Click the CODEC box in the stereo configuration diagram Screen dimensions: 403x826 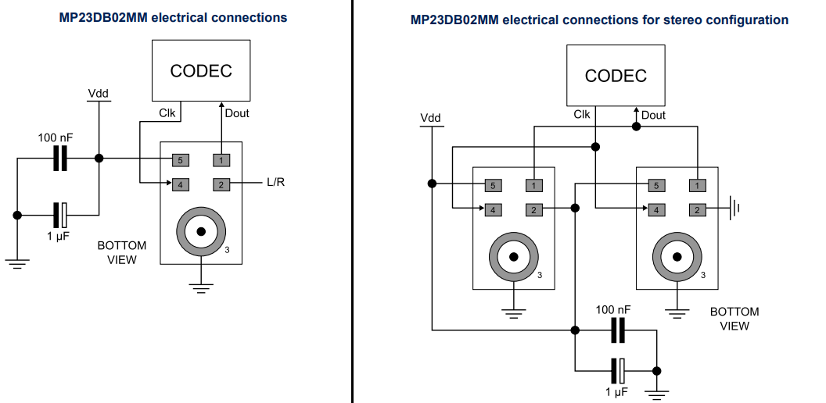click(616, 76)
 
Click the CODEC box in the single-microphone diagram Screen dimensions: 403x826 click(201, 71)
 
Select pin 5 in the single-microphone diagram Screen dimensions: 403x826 click(180, 159)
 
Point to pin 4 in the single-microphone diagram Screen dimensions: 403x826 click(180, 184)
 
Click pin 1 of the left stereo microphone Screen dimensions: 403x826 click(533, 185)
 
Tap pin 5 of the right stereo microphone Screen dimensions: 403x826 click(656, 185)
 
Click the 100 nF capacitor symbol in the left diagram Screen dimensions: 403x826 click(60, 159)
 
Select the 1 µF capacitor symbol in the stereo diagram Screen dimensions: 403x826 click(618, 370)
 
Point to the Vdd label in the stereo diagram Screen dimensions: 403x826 click(430, 119)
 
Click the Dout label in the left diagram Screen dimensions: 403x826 click(236, 113)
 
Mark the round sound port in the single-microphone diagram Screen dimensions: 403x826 click(201, 231)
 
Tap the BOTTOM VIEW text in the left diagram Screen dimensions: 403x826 click(121, 252)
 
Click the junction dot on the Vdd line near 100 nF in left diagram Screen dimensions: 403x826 click(99, 159)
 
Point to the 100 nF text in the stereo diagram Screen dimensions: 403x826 click(612, 309)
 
